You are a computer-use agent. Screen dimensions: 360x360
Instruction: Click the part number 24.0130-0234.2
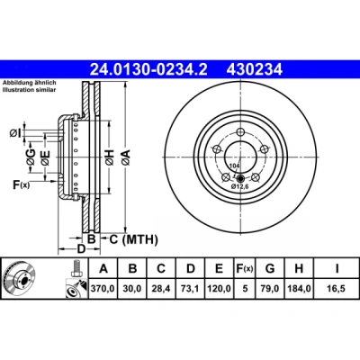coord(148,69)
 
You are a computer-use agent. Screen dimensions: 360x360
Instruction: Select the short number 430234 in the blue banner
coord(255,69)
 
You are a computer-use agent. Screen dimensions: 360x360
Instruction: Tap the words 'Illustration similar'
coord(29,90)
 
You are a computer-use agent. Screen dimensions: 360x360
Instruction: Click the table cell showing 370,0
coord(103,289)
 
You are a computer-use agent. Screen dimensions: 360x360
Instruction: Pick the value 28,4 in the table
coord(161,289)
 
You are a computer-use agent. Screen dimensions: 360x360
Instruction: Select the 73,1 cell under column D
coord(191,289)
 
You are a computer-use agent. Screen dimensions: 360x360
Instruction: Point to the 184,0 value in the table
coord(299,289)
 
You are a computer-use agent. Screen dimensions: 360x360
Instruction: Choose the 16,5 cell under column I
coord(337,289)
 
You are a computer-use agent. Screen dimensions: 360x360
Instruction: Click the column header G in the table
coord(270,268)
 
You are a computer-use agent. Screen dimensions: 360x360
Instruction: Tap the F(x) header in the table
coord(245,268)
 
